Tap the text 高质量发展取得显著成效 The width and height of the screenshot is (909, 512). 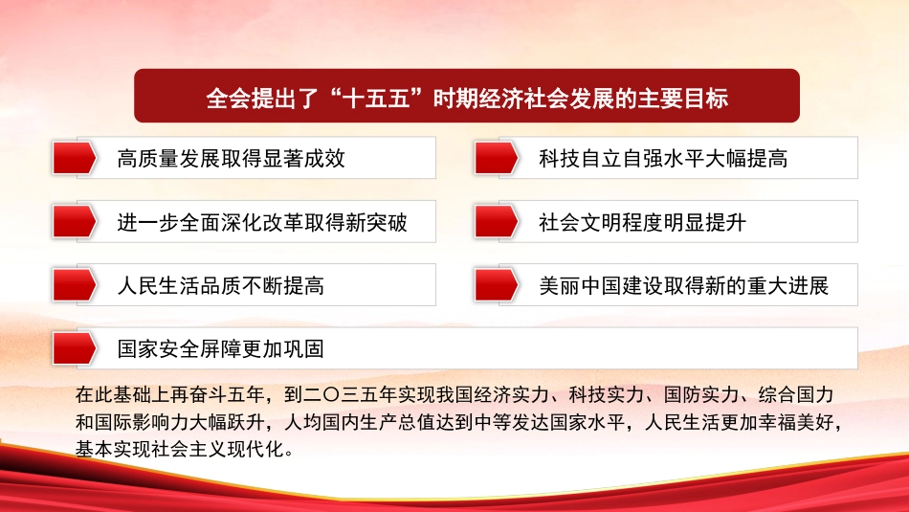coord(231,159)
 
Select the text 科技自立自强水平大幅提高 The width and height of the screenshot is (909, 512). coord(663,159)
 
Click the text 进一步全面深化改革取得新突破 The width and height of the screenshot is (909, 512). coord(261,224)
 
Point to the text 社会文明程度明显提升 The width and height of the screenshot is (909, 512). coord(642,224)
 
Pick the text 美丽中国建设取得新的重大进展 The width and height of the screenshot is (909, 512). coord(683,285)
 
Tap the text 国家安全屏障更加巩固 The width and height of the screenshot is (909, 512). coord(220,349)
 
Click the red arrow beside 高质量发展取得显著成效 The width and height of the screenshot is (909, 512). coord(74,158)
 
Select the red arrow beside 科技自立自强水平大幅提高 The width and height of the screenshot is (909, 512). coord(497,158)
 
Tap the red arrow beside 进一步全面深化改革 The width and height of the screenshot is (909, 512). coord(74,222)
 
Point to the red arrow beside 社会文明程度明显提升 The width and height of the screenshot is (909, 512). coord(497,222)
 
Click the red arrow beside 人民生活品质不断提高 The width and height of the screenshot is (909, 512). coord(74,284)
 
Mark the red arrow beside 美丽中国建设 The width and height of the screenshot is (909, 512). coord(497,284)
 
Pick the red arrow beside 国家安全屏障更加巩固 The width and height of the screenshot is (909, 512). coord(74,348)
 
